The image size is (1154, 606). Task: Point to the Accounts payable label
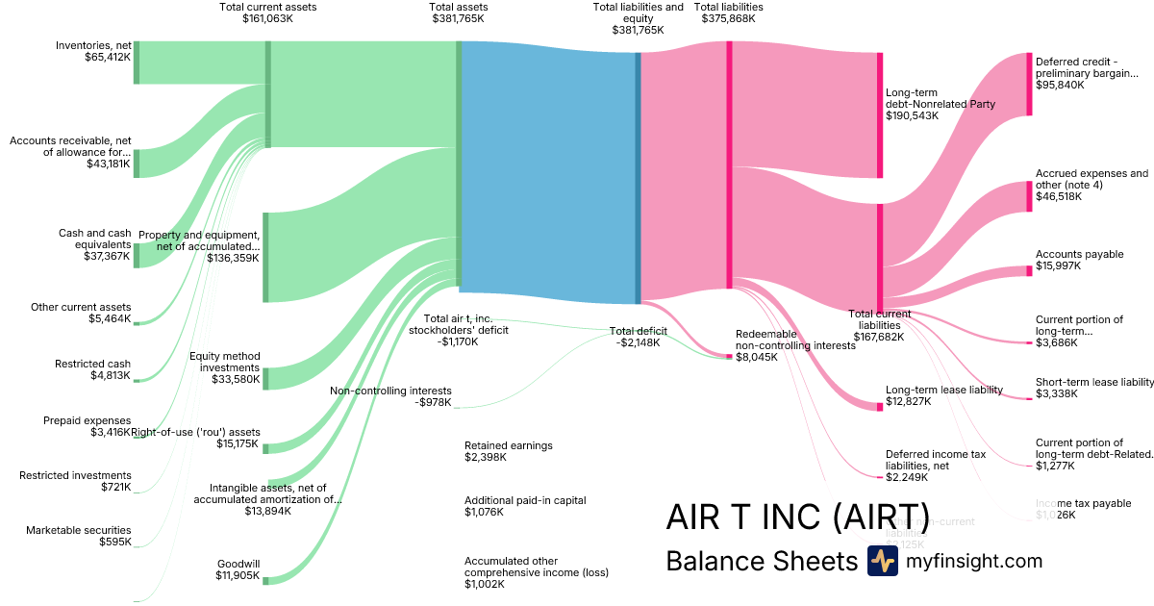tap(1079, 255)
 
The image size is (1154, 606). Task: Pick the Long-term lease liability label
tap(943, 390)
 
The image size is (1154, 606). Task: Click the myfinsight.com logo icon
tap(882, 561)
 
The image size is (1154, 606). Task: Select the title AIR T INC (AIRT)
tap(797, 516)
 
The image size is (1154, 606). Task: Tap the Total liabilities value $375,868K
tap(728, 18)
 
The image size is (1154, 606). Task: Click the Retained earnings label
tap(509, 445)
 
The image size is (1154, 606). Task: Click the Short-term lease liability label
tap(1094, 382)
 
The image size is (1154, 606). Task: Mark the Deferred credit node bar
tap(1028, 85)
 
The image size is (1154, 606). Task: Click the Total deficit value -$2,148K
tap(635, 342)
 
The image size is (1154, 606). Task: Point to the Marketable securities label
tap(79, 530)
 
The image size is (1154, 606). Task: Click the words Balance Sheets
tap(761, 561)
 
